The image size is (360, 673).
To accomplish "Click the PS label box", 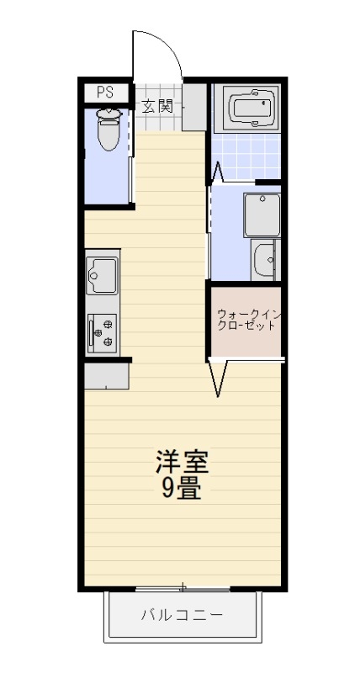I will point(105,93).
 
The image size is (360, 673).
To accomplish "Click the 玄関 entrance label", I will point(157,106).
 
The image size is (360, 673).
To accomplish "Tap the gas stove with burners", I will point(103,331).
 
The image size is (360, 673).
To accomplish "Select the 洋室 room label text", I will point(181,462).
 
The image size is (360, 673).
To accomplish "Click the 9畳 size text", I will point(181,489).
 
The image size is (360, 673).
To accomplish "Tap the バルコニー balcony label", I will point(182,615).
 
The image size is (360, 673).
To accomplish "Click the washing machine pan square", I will point(262,215).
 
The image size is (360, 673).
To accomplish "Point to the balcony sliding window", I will point(182,586).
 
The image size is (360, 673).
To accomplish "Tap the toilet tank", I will point(109,111).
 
